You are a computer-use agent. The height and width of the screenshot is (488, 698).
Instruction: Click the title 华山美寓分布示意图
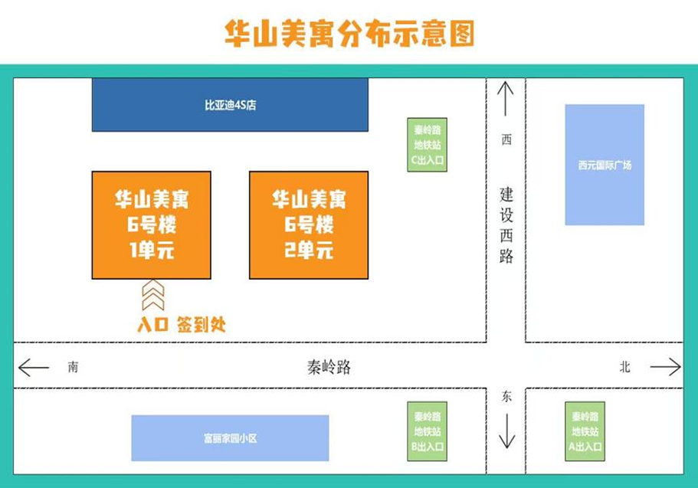(349, 34)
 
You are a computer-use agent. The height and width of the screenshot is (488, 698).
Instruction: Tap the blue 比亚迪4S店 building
(229, 104)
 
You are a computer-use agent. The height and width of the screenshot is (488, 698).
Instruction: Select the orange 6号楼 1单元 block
(151, 224)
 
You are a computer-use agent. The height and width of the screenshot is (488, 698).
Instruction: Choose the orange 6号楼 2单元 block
(309, 224)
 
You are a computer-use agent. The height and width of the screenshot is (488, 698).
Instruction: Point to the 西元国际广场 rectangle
(605, 165)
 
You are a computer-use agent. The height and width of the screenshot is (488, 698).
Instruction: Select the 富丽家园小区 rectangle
(230, 438)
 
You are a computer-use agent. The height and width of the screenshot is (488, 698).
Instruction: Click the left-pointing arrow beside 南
(34, 368)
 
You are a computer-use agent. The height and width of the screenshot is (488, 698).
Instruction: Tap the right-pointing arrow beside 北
(665, 367)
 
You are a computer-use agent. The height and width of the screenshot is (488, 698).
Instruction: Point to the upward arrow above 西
(505, 98)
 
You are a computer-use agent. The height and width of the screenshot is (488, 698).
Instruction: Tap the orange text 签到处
(201, 324)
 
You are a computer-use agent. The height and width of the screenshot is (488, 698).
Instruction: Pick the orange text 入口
(152, 325)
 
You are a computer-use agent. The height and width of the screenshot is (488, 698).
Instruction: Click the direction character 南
(73, 368)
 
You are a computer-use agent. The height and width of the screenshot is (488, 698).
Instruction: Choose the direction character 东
(506, 396)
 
